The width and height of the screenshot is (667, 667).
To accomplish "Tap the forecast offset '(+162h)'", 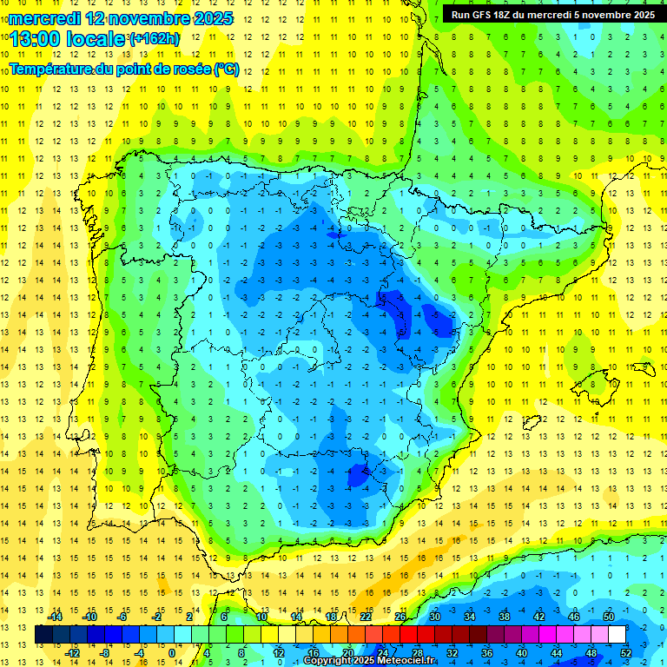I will tap(155, 39).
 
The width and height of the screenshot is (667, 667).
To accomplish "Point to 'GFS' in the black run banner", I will tap(489, 14).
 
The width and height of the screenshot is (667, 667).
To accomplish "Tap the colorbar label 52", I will tap(625, 652).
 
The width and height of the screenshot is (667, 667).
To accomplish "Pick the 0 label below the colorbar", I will tap(172, 652).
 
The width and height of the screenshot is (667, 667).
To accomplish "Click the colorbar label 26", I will tap(400, 617).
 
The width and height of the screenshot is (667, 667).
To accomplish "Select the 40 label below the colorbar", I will tap(521, 652).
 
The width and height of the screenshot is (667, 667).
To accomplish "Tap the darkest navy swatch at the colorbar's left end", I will tap(43, 635).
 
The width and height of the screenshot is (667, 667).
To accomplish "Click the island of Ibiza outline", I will tap(531, 423).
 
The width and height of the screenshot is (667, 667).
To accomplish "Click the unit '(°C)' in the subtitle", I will tap(227, 68).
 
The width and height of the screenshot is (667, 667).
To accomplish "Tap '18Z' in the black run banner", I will tap(515, 14).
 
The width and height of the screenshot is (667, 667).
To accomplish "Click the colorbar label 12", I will tap(280, 652).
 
